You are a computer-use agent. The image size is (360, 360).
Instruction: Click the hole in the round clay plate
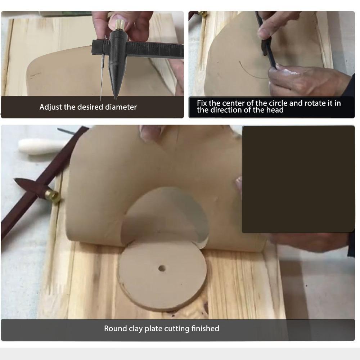(162, 268)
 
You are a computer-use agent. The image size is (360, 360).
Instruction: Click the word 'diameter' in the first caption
(121, 107)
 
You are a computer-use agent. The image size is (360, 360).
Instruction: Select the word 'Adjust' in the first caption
(50, 107)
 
